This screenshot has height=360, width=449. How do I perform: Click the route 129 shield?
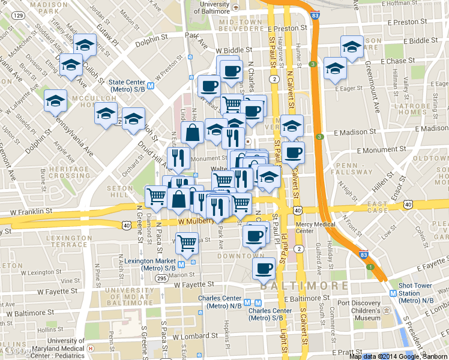point(19,15)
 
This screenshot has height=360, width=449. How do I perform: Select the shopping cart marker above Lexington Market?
point(187,242)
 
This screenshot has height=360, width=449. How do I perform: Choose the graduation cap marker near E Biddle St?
point(352,46)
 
